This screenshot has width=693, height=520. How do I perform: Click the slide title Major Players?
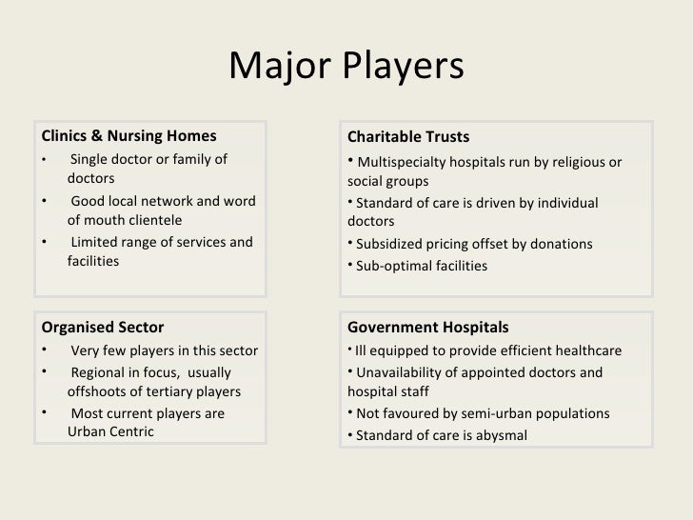346,66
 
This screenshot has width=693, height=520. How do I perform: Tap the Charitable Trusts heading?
408,136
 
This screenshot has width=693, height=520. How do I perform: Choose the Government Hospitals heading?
427,329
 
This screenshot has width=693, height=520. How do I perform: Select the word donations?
559,245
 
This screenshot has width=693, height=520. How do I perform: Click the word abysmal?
498,435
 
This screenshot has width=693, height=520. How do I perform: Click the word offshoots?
100,392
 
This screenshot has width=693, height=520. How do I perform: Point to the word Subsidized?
391,245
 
